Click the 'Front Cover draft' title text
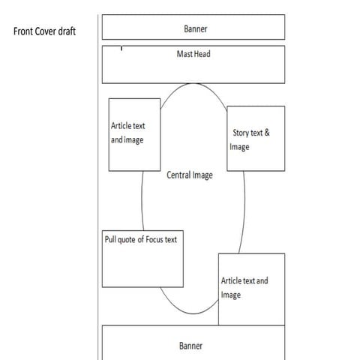coord(44,31)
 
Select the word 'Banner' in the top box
coord(196,28)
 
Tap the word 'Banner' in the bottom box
coord(190,346)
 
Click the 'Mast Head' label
coord(193,54)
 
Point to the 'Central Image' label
coord(190,175)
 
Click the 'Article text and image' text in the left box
coord(127,133)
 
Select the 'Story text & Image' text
coord(250,139)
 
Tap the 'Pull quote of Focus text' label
coord(141,239)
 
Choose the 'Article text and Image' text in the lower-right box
coord(244,288)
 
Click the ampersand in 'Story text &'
coord(267,133)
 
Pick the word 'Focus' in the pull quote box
coord(154,239)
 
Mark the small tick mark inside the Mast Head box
coord(121,48)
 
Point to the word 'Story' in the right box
coord(241,133)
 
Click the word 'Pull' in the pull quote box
coord(110,239)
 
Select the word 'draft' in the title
coord(67,31)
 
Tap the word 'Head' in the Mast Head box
coord(202,54)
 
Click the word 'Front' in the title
coord(23,31)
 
